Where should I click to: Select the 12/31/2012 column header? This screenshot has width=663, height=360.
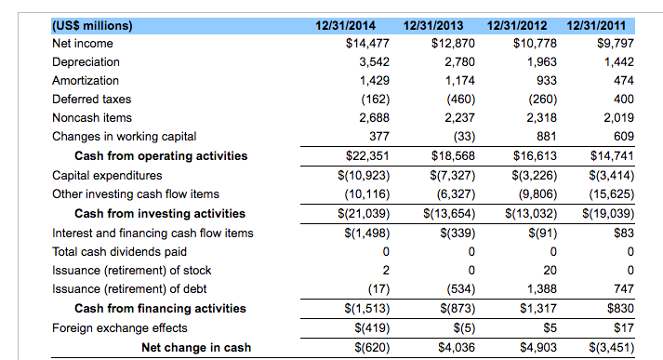click(518, 25)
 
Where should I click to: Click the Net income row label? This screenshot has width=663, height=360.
click(83, 44)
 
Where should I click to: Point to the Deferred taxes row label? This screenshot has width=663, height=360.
click(92, 99)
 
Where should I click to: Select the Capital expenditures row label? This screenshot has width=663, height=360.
click(107, 175)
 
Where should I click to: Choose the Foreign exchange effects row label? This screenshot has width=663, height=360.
click(120, 327)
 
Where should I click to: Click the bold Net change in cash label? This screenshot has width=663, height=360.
click(195, 347)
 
